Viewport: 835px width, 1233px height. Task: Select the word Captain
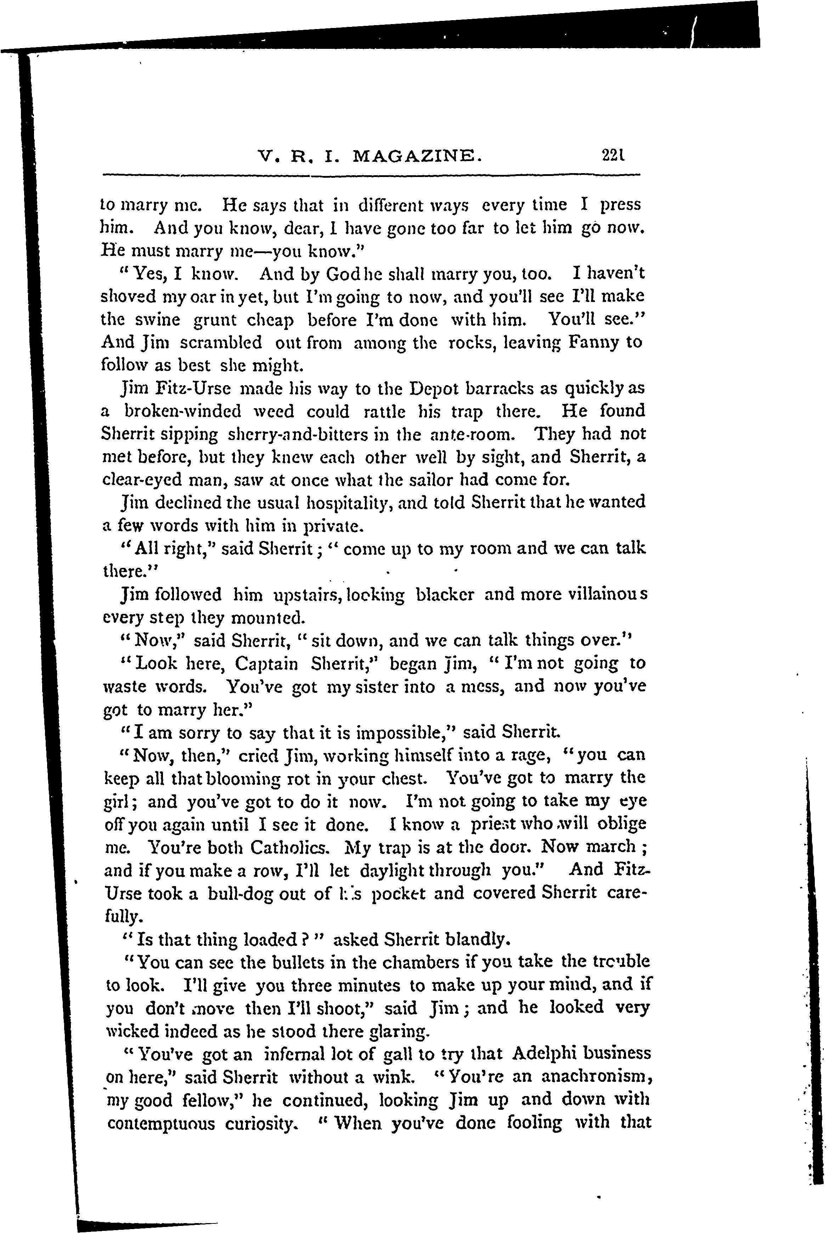pyautogui.click(x=266, y=664)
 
